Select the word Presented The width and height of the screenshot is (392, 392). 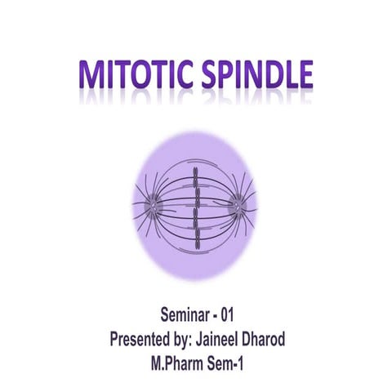pos(143,336)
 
